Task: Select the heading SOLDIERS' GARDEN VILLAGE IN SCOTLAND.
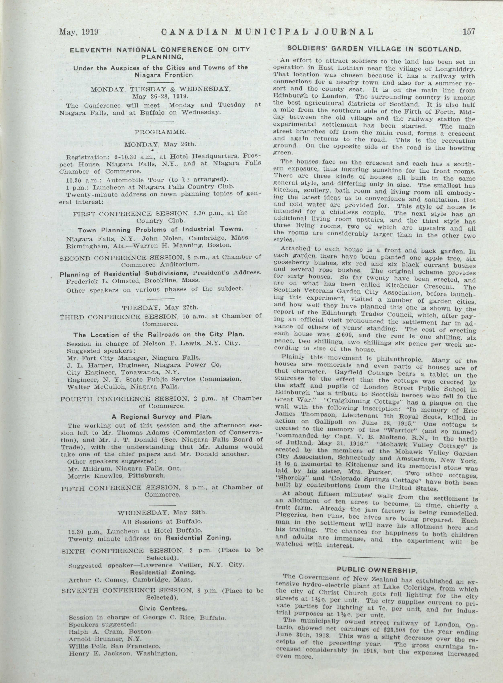pos(374,49)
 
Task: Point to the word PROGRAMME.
pos(160,132)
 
